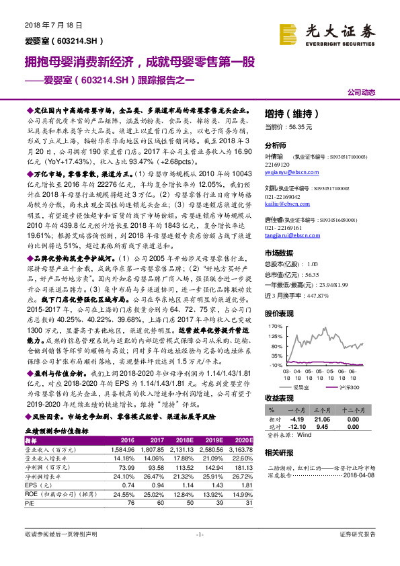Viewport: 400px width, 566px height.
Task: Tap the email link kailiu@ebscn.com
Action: pyautogui.click(x=282, y=201)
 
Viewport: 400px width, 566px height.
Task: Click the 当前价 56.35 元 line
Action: pyautogui.click(x=290, y=126)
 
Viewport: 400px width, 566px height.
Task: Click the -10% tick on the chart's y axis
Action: pyautogui.click(x=276, y=364)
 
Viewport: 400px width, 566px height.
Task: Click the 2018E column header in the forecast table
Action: pyautogui.click(x=182, y=440)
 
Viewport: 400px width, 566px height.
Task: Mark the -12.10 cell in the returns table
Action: pyautogui.click(x=297, y=425)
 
